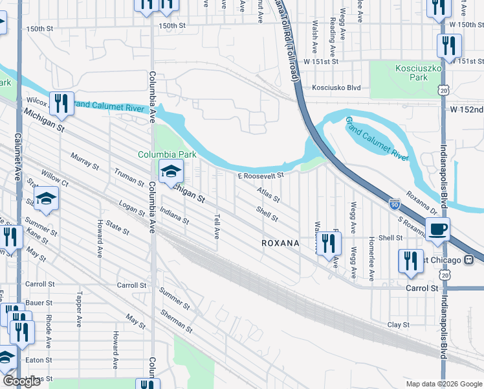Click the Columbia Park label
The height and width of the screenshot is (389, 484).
tap(166, 155)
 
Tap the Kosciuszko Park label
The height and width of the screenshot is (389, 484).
tap(412, 73)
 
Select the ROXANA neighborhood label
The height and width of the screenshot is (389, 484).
tap(280, 243)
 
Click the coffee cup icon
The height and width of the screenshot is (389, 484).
tap(438, 229)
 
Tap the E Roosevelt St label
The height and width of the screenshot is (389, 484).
tap(261, 176)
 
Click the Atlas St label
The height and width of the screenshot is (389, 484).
tap(267, 194)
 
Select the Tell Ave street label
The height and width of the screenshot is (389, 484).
tap(216, 226)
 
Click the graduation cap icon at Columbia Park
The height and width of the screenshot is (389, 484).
tap(171, 172)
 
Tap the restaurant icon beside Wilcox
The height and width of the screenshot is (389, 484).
tap(61, 104)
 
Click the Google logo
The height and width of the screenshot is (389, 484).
tap(21, 381)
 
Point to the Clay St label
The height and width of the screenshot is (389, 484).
tap(398, 325)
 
